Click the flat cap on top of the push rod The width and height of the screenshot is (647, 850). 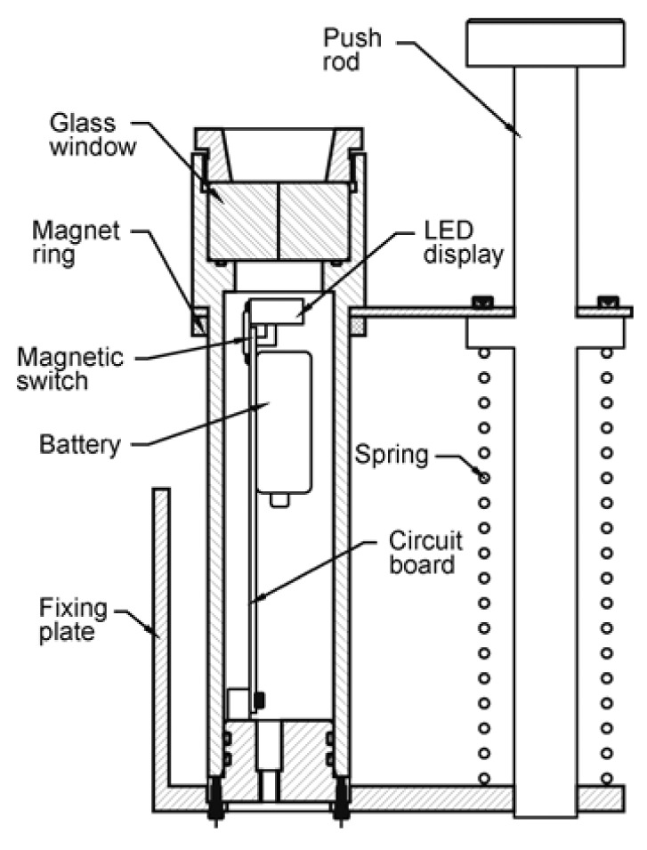point(545,43)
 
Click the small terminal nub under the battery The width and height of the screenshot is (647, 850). point(279,501)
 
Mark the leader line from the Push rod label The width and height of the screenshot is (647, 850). point(463,85)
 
